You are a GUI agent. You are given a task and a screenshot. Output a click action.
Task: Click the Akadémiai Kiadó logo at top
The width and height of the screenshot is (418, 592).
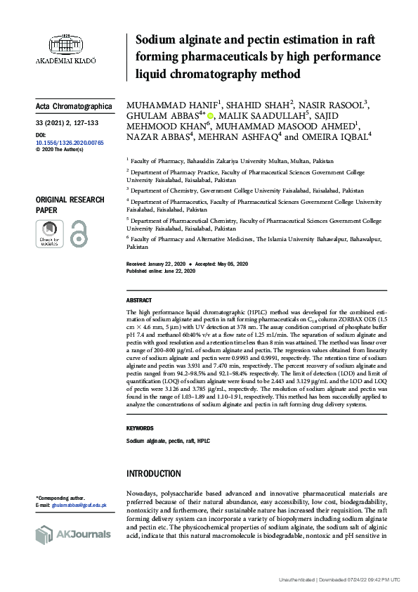tap(72, 47)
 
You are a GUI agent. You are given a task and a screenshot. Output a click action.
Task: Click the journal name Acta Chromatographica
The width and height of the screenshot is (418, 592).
tap(74, 107)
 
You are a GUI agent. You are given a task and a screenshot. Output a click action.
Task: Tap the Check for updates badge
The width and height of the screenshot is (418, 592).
tap(49, 234)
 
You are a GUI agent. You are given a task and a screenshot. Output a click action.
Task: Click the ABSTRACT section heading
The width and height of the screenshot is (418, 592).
tap(139, 300)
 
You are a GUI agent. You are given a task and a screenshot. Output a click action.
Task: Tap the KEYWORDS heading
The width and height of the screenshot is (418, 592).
tap(140, 428)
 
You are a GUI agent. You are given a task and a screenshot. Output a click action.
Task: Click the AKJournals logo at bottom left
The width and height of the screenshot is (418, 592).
tap(73, 534)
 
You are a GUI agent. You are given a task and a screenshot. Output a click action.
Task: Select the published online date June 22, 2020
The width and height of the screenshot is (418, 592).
tap(178, 271)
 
